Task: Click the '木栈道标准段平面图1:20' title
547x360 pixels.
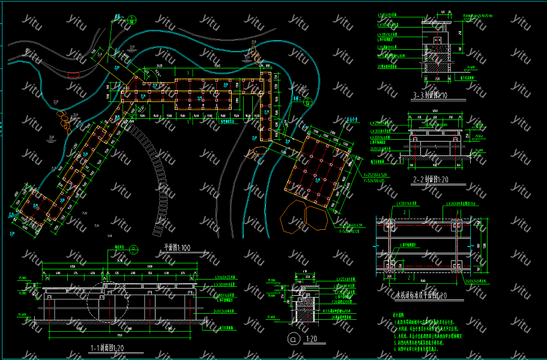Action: click(422, 295)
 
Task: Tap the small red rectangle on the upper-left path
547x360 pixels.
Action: click(73, 77)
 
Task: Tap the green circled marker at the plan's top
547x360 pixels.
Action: click(113, 25)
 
